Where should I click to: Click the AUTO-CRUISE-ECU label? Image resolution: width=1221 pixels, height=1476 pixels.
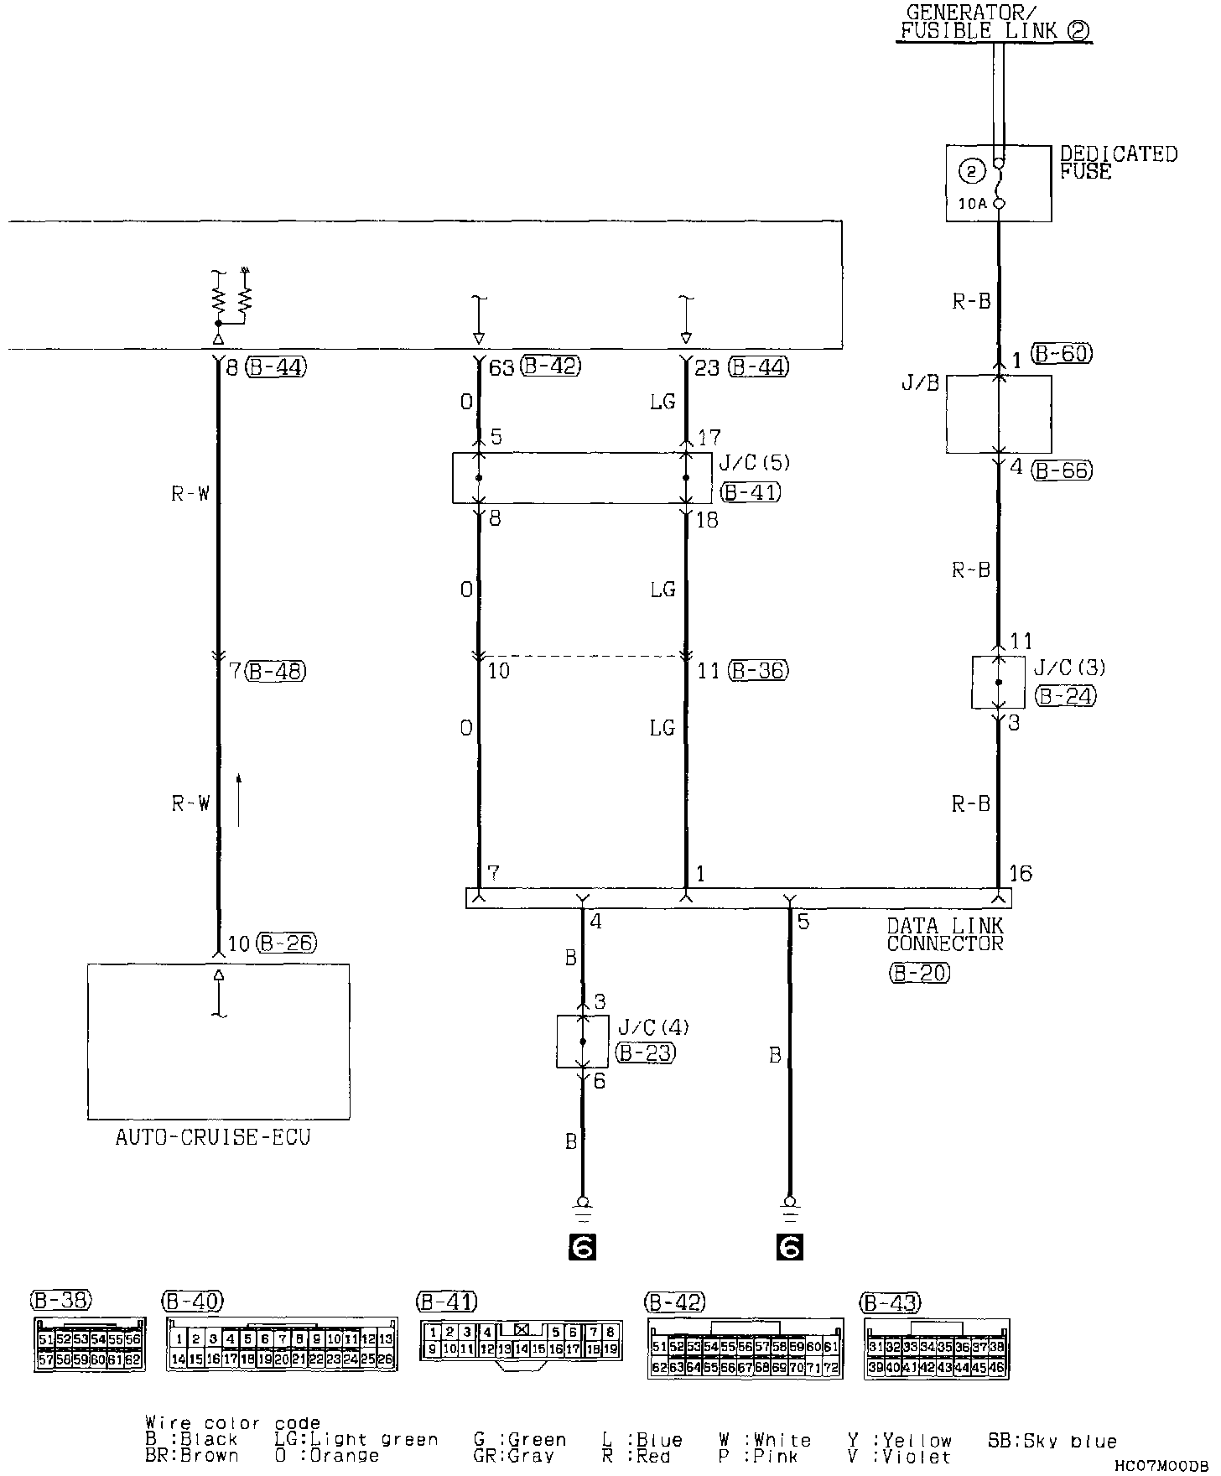click(x=213, y=1138)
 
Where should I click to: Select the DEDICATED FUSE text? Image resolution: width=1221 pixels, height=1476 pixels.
click(x=1118, y=163)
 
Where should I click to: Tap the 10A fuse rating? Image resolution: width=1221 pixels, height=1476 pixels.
click(x=973, y=203)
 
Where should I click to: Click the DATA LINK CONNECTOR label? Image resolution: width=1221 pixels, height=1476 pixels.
click(x=945, y=934)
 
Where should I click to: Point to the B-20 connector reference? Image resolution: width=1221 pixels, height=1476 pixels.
click(x=918, y=973)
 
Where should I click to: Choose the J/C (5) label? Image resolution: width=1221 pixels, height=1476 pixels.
click(x=754, y=462)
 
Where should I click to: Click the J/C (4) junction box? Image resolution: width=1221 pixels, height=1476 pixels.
click(x=583, y=1041)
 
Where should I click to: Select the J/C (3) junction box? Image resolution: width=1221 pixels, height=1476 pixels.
click(x=998, y=682)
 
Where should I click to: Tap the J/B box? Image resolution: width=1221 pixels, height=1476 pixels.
click(x=998, y=414)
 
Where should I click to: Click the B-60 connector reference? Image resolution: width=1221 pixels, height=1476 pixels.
click(x=1062, y=354)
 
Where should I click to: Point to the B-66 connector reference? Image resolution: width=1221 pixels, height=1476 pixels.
click(x=1063, y=470)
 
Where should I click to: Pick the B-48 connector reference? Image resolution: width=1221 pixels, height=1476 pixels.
click(x=276, y=671)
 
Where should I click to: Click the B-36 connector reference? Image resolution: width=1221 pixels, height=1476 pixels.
click(x=759, y=671)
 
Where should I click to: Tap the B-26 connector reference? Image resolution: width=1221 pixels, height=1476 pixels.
click(x=286, y=943)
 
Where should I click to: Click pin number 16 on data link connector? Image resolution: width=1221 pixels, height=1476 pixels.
click(x=1020, y=874)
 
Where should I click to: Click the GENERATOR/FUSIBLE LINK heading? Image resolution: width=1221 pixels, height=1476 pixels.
click(x=995, y=23)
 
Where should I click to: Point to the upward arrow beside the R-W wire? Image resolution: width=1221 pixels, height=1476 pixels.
click(x=239, y=800)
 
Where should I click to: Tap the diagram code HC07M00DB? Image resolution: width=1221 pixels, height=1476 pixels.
click(x=1161, y=1464)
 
